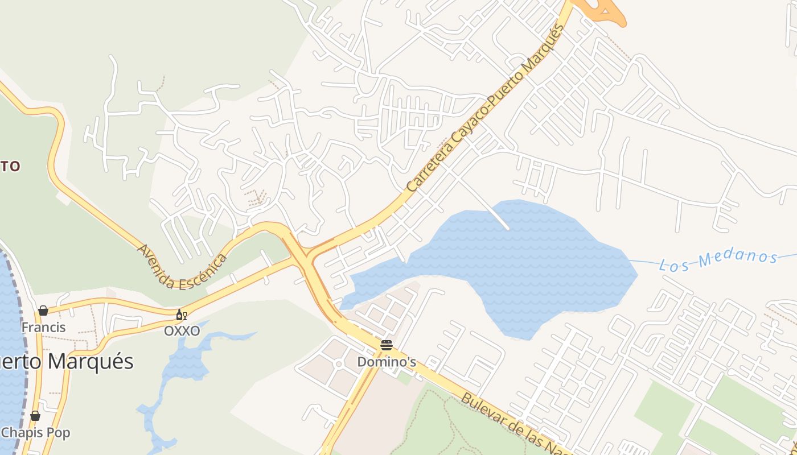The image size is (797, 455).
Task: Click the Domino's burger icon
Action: click(387, 345)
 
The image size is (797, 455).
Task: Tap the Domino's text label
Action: click(387, 362)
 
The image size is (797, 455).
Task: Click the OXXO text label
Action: click(182, 330)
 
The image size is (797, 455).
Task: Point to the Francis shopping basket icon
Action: click(43, 311)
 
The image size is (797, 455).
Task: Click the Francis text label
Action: click(43, 327)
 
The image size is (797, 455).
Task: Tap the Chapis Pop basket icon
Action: click(35, 416)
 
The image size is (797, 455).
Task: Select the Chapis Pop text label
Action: click(35, 433)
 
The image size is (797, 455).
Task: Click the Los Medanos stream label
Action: click(718, 260)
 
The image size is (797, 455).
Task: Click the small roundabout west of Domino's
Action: click(338, 364)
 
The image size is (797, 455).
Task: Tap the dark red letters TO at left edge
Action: click(10, 166)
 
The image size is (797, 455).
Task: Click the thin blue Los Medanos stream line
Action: click(643, 262)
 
